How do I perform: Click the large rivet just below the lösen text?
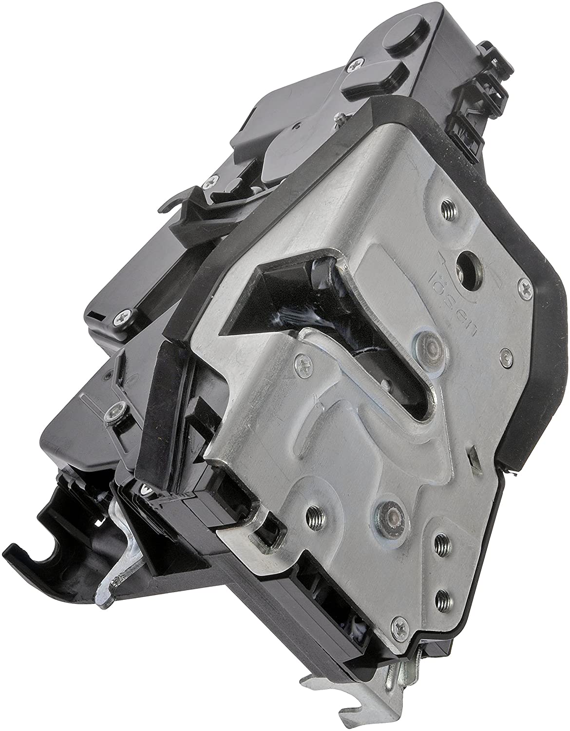[428, 346]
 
